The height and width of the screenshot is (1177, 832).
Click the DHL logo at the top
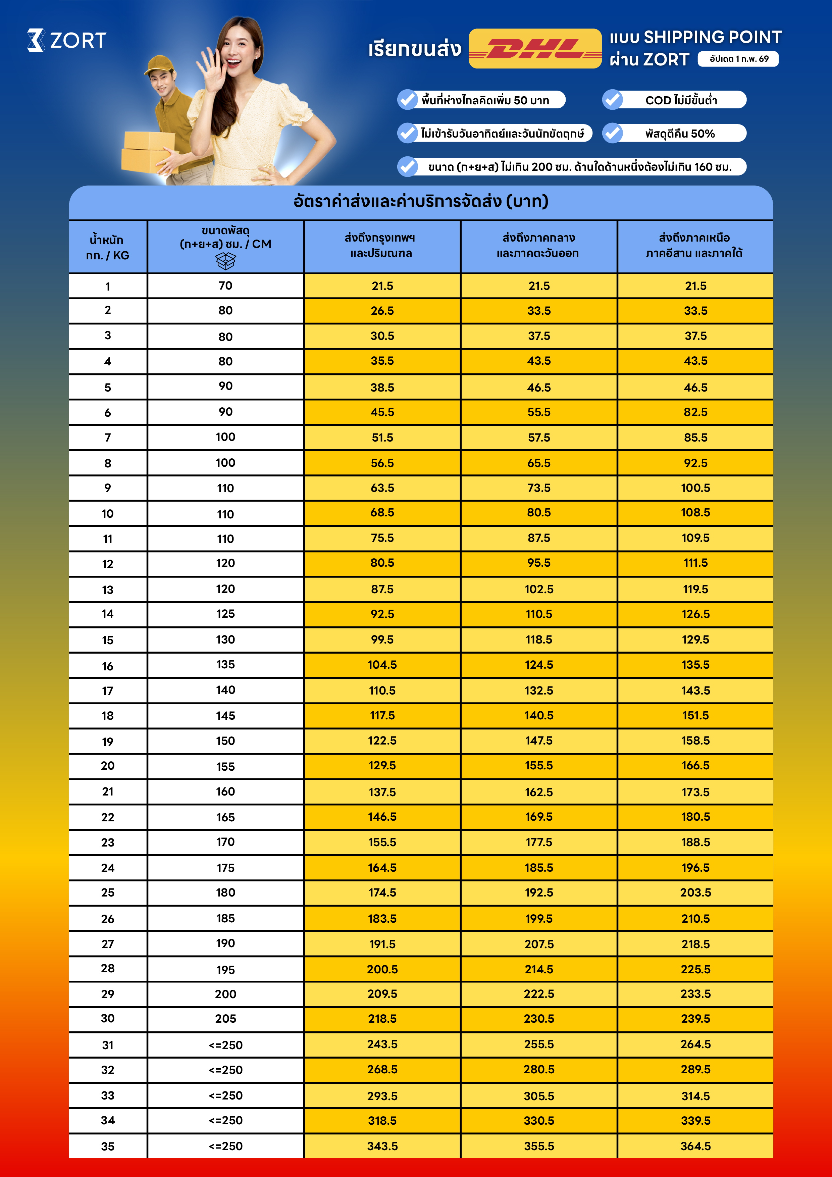point(535,49)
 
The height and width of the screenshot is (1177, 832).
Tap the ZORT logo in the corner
point(67,40)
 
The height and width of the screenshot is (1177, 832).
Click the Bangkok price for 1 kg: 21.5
point(382,286)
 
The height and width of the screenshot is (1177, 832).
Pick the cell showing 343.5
point(382,1146)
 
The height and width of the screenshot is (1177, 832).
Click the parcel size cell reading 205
point(225,1019)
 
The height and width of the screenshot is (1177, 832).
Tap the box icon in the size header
point(225,261)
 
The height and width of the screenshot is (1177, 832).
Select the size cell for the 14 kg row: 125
point(225,614)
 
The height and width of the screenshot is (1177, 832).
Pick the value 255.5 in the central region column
point(539,1044)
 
